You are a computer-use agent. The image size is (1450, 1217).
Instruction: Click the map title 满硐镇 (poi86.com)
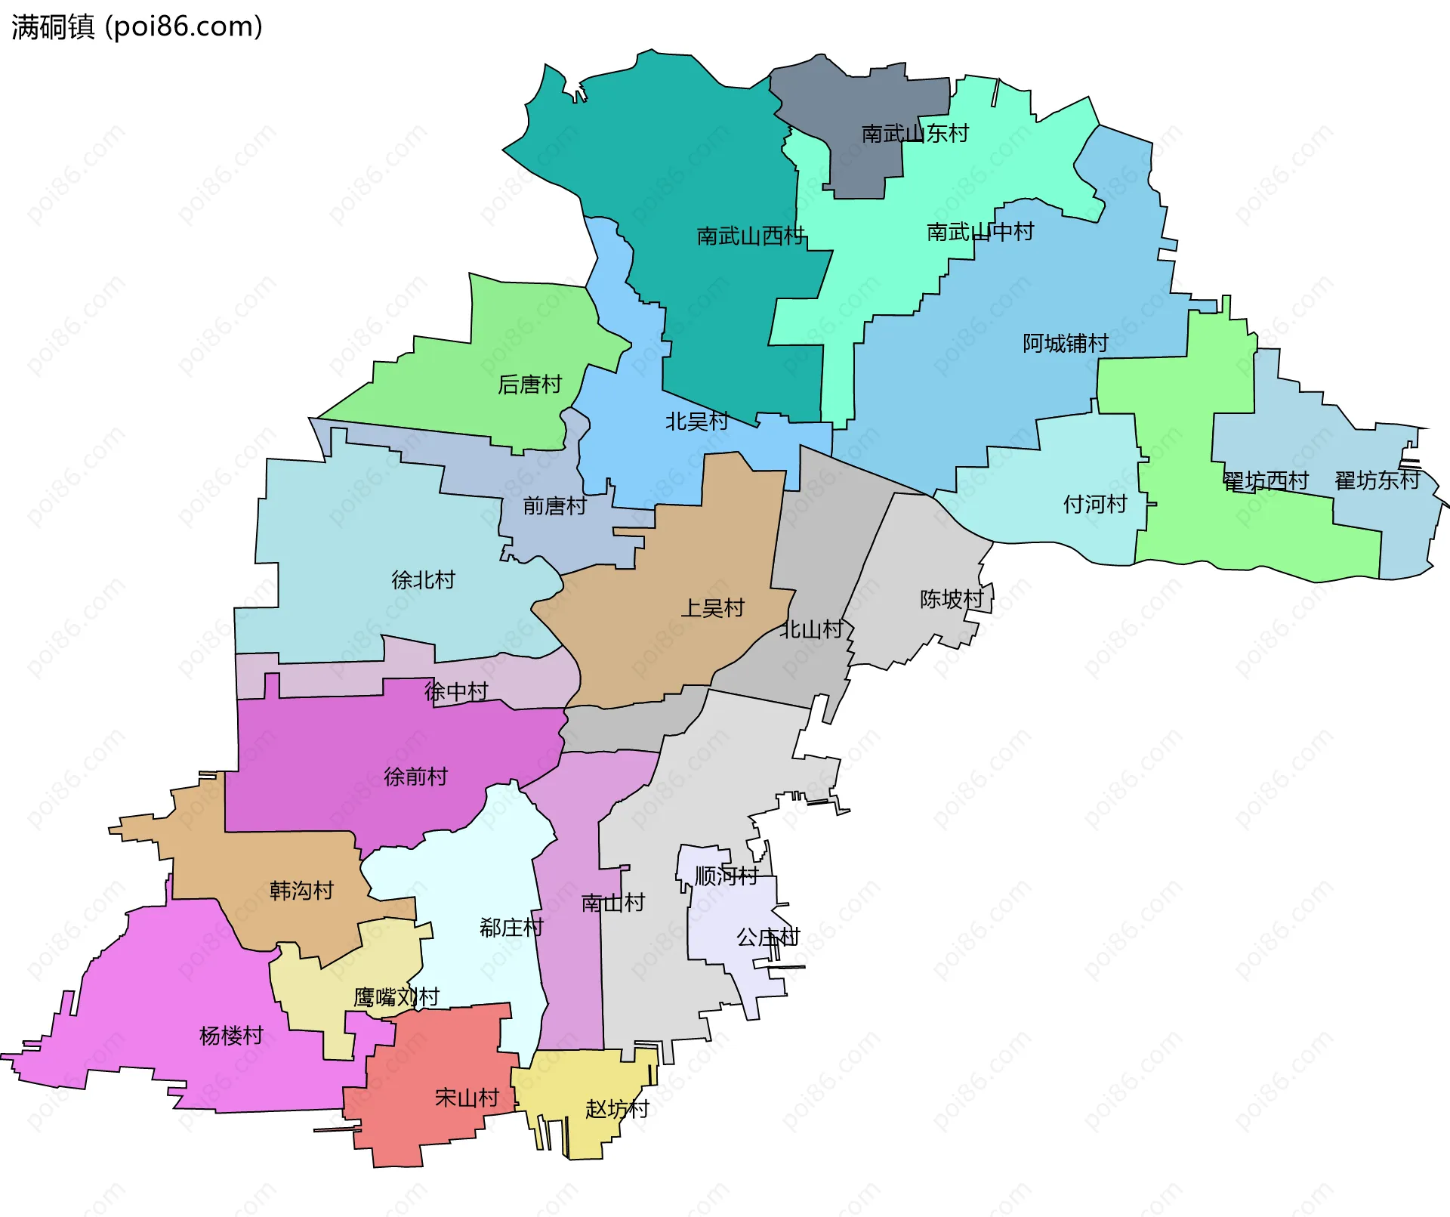137,27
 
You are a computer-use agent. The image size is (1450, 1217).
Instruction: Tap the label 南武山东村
915,134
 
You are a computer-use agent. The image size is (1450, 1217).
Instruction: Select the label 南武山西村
751,236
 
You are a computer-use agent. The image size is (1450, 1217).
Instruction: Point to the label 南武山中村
980,232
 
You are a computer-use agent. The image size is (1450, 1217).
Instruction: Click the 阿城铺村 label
1066,344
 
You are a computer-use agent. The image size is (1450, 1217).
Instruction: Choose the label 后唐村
529,385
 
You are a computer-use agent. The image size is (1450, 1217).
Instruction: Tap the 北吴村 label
696,422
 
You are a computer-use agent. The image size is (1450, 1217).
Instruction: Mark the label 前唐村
554,506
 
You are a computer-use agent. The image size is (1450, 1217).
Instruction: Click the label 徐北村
423,580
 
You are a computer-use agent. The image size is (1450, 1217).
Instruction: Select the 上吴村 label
712,608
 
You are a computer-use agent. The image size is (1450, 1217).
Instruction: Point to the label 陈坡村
952,599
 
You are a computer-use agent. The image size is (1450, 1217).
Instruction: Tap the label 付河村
1095,504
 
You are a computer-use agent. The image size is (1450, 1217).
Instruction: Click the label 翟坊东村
1377,480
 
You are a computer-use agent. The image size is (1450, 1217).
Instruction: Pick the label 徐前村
415,777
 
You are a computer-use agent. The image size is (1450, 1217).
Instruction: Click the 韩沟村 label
301,891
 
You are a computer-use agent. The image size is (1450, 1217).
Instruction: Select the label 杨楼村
231,1036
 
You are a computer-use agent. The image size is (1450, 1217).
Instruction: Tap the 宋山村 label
467,1098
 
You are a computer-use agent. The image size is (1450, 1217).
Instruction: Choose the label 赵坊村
617,1109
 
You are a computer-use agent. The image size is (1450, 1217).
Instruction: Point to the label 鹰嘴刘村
396,997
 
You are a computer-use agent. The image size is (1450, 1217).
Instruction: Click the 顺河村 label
727,876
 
